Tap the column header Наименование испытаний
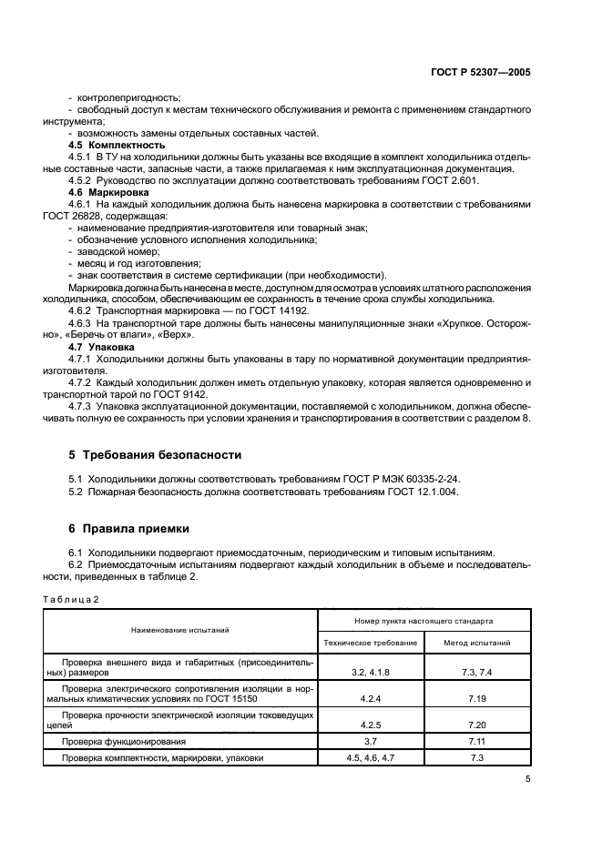[179, 629]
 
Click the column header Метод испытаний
[476, 643]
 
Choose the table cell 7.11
[476, 742]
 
